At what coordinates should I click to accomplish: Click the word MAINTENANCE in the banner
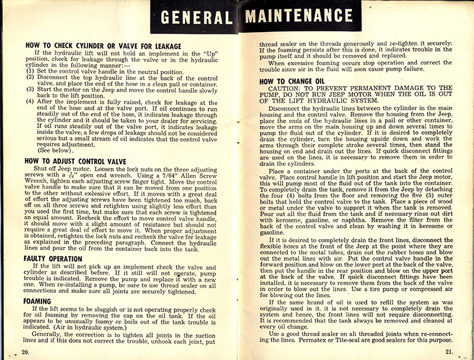coord(307,16)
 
